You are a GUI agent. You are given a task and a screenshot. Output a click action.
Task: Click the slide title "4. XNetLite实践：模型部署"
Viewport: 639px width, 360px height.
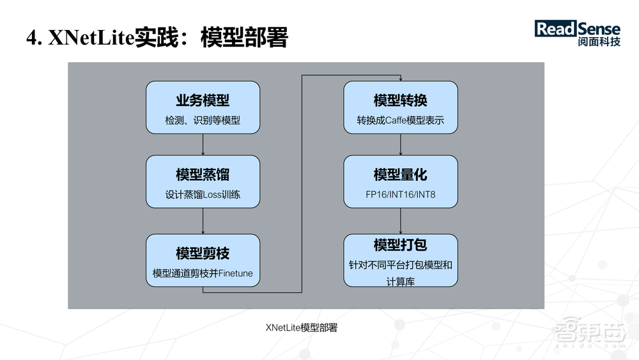(157, 38)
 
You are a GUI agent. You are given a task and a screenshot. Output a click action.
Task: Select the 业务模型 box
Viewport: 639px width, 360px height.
(203, 107)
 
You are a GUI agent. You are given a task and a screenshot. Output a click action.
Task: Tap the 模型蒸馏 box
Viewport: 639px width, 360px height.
(203, 182)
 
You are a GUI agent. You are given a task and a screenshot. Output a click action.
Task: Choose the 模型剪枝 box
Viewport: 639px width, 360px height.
(203, 260)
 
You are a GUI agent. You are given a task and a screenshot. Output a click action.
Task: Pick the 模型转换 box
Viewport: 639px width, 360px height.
(401, 107)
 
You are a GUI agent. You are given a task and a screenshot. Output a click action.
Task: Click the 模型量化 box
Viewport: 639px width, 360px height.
(401, 182)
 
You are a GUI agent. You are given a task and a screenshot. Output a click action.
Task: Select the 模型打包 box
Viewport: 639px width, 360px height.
(401, 260)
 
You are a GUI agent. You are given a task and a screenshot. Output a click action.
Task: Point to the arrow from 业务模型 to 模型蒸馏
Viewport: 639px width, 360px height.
(203, 145)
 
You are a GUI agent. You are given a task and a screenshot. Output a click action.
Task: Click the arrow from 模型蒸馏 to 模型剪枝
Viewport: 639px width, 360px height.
(203, 221)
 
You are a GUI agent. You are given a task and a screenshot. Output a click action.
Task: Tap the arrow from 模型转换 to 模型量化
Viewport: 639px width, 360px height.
(401, 145)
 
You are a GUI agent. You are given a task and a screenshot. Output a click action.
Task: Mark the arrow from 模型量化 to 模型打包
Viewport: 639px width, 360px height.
(401, 221)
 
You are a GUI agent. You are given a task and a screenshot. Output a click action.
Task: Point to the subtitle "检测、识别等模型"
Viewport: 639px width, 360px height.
(203, 120)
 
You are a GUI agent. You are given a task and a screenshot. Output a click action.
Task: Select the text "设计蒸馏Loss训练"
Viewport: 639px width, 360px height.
(203, 195)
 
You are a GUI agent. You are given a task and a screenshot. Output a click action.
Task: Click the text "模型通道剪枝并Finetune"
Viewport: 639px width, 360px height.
(203, 274)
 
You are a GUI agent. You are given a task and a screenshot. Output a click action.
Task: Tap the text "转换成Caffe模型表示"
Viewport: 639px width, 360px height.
(401, 120)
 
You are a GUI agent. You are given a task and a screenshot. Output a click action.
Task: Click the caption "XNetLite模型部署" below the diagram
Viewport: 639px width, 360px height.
(301, 327)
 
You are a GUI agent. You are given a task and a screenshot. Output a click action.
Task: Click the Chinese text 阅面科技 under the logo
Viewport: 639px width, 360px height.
(597, 43)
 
